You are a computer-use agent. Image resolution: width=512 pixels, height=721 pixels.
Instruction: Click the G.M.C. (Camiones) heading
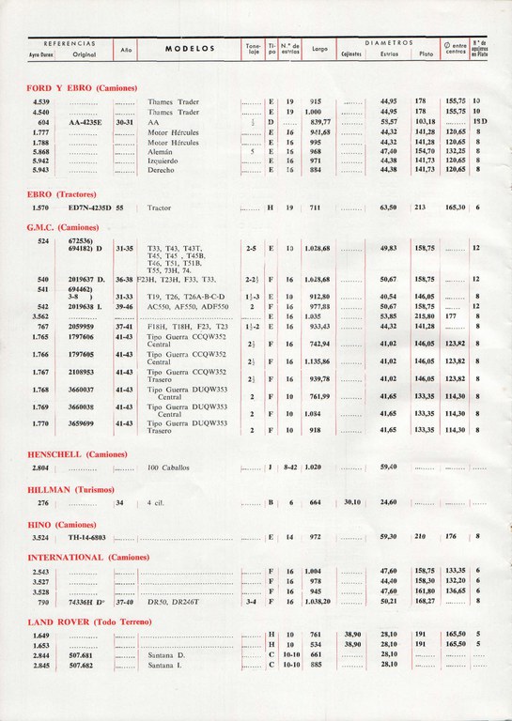pyautogui.click(x=62, y=227)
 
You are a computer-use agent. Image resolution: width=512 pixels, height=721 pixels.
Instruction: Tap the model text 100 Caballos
pyautogui.click(x=168, y=467)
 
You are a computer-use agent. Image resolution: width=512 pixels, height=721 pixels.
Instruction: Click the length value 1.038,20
pyautogui.click(x=318, y=602)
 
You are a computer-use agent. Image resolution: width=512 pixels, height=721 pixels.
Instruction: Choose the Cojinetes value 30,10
pyautogui.click(x=351, y=502)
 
